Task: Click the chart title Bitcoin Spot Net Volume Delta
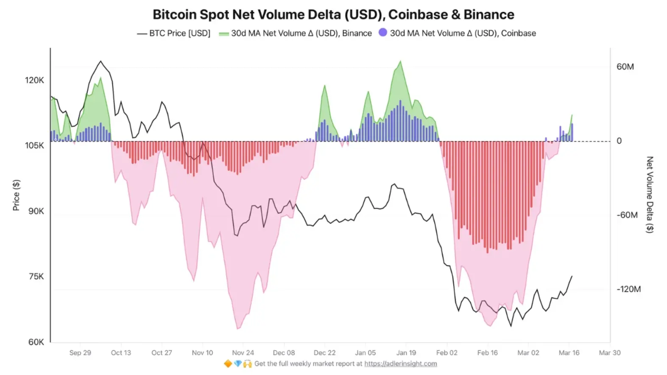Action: [x=333, y=14]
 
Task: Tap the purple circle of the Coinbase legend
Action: [x=383, y=32]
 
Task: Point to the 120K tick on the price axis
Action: [x=34, y=80]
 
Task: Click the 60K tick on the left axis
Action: [x=36, y=342]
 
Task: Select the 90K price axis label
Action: [x=36, y=211]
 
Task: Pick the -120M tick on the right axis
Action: [x=628, y=289]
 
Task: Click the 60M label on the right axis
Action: [x=625, y=67]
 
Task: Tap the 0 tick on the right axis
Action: [x=619, y=141]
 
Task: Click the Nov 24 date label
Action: [x=243, y=353]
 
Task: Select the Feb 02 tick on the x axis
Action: [x=447, y=353]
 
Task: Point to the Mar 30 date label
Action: [x=609, y=353]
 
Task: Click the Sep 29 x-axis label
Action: [x=80, y=353]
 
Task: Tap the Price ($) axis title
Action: [x=16, y=195]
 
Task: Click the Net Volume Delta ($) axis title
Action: [x=649, y=195]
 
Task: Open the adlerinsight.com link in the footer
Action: [x=400, y=364]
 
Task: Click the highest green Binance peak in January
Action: [x=400, y=62]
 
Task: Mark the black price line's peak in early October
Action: [x=100, y=61]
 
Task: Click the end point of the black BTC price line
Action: [x=572, y=276]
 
